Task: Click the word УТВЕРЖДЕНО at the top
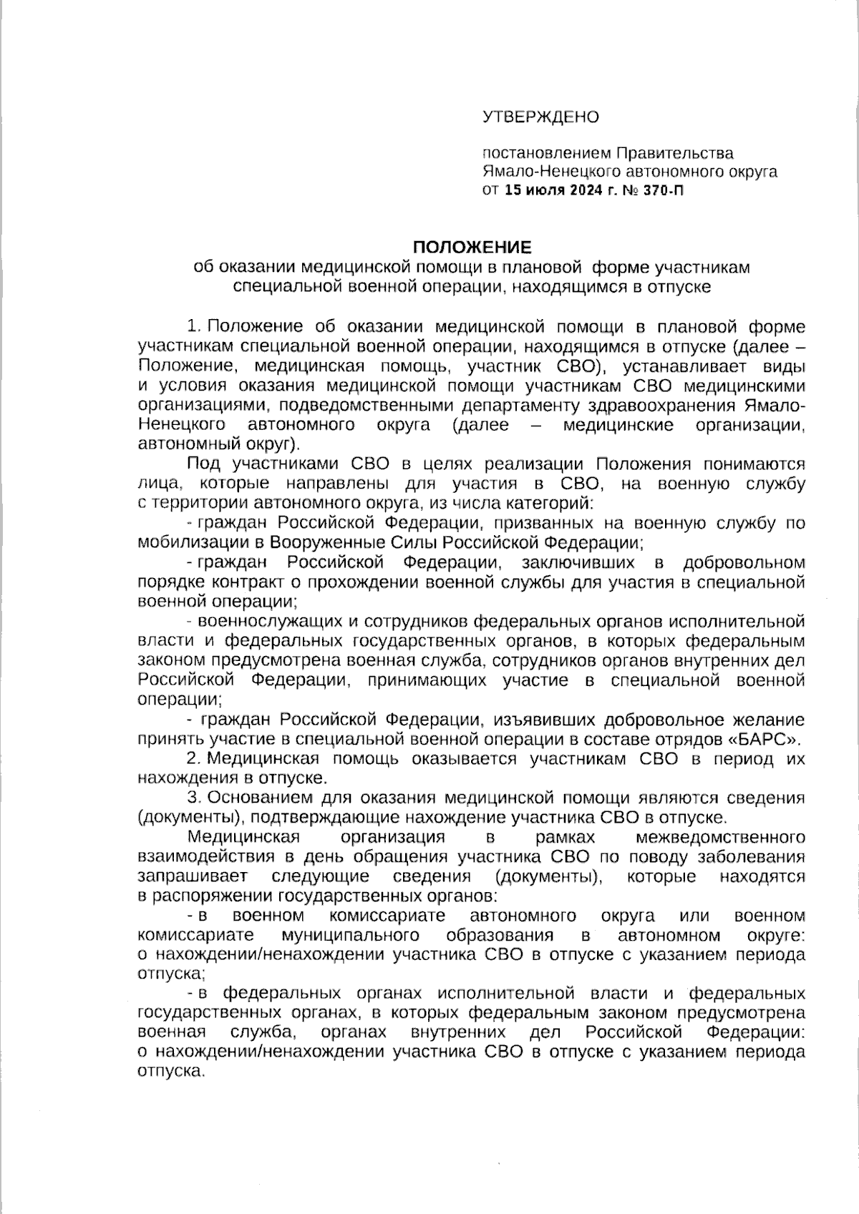click(540, 117)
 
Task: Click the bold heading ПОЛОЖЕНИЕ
click(472, 248)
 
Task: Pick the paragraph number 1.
click(192, 328)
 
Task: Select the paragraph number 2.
click(192, 759)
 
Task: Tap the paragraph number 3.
click(192, 798)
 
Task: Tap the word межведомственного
click(720, 837)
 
